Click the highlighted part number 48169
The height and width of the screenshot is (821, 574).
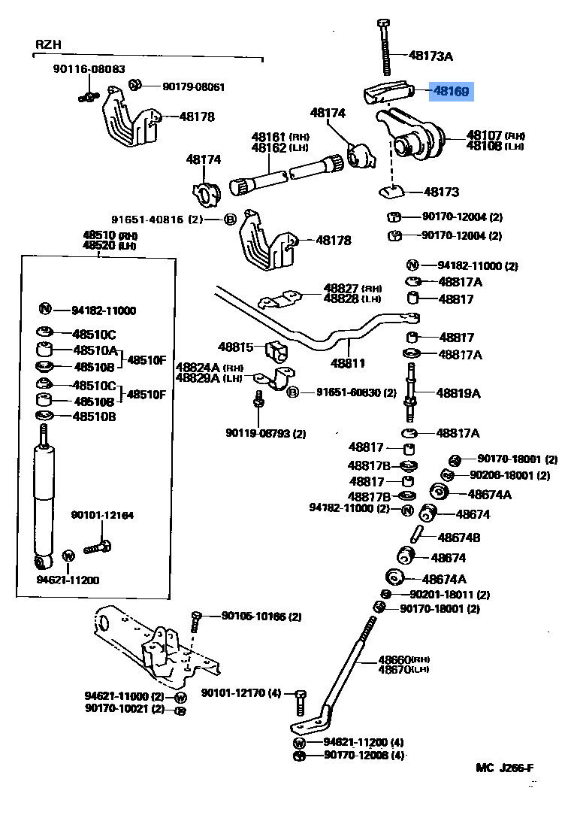click(451, 92)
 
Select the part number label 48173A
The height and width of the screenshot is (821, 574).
click(431, 55)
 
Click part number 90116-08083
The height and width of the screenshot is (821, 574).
click(89, 68)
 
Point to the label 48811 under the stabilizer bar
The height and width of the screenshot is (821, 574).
click(348, 363)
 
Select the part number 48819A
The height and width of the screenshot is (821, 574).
click(459, 393)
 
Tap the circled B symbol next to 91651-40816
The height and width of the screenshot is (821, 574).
click(230, 220)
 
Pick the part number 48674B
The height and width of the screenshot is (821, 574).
click(459, 538)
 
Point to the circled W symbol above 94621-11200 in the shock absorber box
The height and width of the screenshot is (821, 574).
click(67, 556)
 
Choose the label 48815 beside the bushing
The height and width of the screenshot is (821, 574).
click(236, 347)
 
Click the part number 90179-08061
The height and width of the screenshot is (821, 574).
click(193, 86)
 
